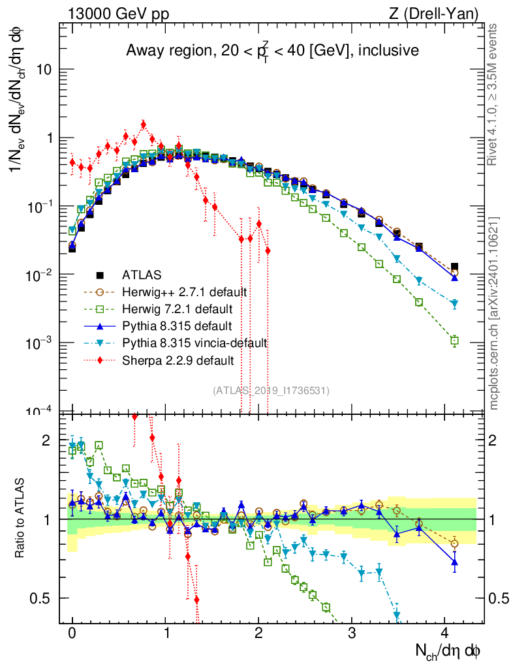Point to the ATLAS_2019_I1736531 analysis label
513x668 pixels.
(271, 390)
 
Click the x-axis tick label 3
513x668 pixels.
(352, 633)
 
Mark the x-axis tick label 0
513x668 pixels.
(72, 633)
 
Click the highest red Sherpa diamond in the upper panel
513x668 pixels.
(144, 124)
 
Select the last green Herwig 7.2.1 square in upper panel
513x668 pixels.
(454, 340)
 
